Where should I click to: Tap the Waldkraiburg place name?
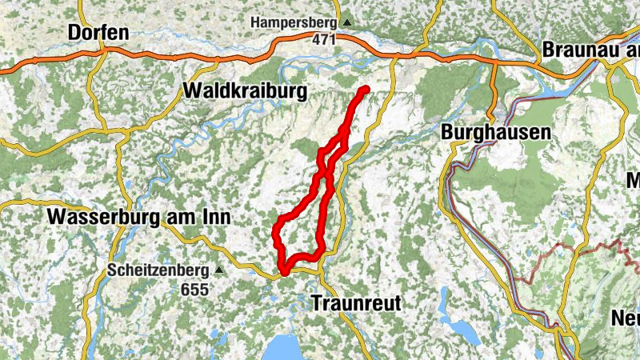coord(245,91)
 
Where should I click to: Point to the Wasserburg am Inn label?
coord(139,217)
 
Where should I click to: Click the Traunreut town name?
coord(355,303)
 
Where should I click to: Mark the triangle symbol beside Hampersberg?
coord(346,22)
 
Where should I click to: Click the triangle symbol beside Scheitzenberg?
coord(217,270)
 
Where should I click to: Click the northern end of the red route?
coord(366,89)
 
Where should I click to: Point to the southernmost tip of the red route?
coord(282,270)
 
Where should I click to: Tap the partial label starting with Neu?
coord(626,318)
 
